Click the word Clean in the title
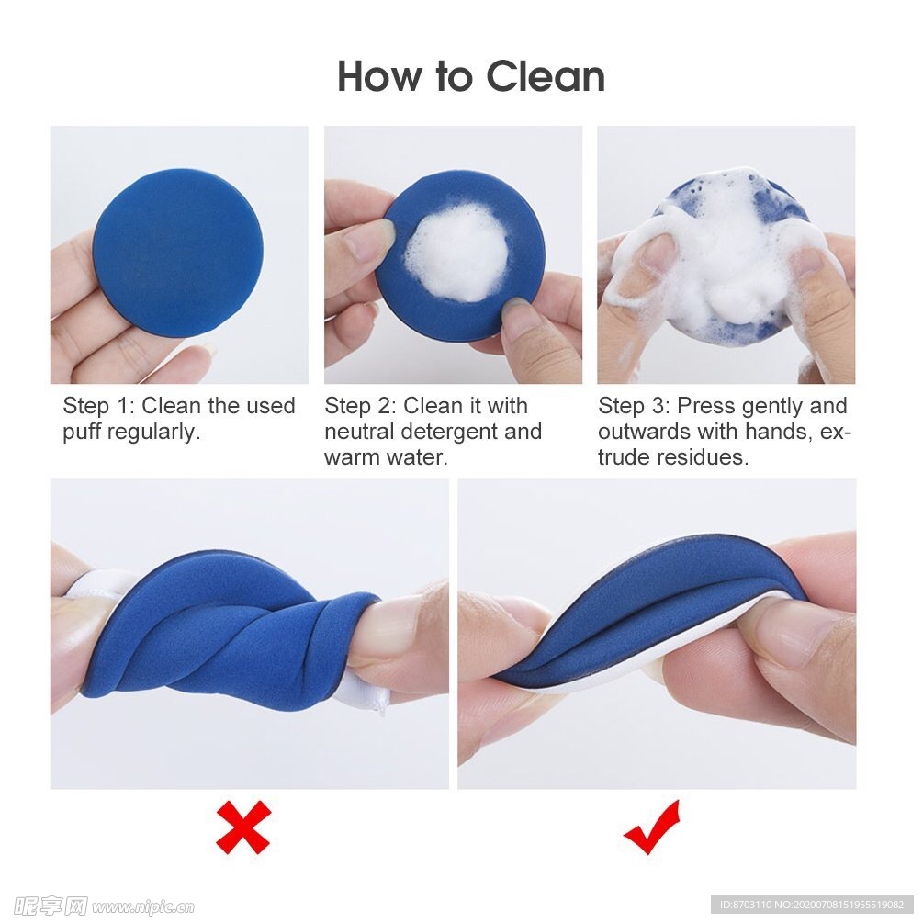pos(546,76)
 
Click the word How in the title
pos(380,76)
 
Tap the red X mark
pos(243,827)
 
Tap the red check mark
pos(652,827)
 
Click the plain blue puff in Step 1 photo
pos(178,253)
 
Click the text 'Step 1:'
pos(98,406)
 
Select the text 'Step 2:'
pos(360,406)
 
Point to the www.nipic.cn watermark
pos(143,906)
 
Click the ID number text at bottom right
pos(813,904)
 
